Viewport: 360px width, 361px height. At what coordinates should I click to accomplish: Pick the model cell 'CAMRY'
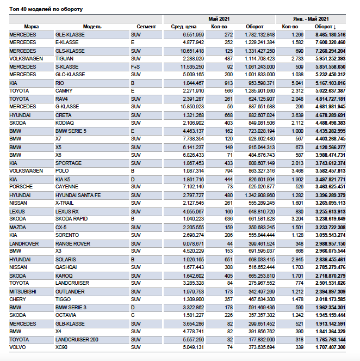[x=65, y=91]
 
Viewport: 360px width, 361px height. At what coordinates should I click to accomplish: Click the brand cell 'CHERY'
[x=18, y=299]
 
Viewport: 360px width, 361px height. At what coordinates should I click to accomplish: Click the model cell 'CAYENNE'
[x=67, y=187]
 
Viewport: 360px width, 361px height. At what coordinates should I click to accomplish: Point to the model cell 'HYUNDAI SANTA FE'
[x=78, y=195]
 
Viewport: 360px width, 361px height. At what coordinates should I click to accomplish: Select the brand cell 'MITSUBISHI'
[x=23, y=291]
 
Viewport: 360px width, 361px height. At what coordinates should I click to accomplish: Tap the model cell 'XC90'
[x=62, y=347]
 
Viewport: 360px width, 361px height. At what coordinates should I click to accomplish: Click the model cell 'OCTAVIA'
[x=66, y=315]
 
